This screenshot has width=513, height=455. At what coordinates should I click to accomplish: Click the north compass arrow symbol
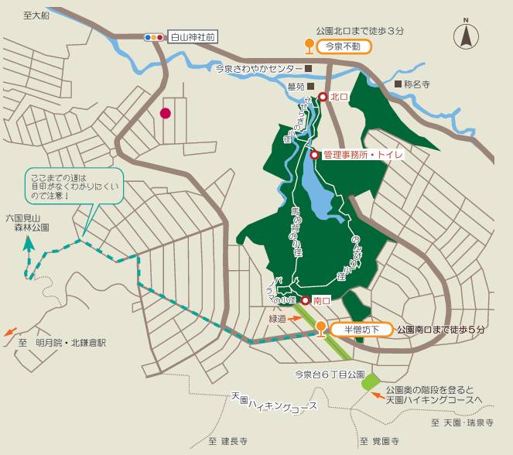point(466,35)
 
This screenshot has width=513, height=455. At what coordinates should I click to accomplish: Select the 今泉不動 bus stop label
point(344,46)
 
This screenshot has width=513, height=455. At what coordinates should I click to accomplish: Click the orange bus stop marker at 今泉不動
point(310,45)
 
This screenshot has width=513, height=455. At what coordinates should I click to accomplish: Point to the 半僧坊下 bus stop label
point(362,330)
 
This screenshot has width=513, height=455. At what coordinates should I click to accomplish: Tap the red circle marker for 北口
point(323,97)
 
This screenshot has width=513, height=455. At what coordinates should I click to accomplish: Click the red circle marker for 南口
point(306,300)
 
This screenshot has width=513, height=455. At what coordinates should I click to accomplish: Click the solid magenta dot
point(165,113)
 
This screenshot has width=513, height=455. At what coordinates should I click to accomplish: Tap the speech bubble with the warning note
point(74,186)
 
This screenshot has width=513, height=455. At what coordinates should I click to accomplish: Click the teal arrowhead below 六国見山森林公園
point(29,243)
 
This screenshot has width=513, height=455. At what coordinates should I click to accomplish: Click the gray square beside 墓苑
point(311,87)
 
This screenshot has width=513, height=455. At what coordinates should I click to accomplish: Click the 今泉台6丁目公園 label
point(329,375)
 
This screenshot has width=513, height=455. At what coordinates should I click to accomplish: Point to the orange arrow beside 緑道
point(297,317)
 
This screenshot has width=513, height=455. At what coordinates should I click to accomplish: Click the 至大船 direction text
point(36,15)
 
